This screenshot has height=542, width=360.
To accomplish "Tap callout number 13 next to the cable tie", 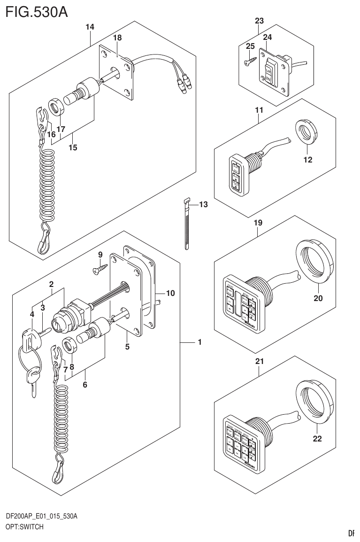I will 203,204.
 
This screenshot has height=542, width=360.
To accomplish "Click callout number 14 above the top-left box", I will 90,27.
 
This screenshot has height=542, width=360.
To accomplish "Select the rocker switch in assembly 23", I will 269,72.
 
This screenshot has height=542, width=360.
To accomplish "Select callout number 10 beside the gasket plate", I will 170,293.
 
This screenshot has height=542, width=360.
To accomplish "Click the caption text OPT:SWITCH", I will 24,527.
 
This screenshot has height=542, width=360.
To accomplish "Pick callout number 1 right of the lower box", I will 199,343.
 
